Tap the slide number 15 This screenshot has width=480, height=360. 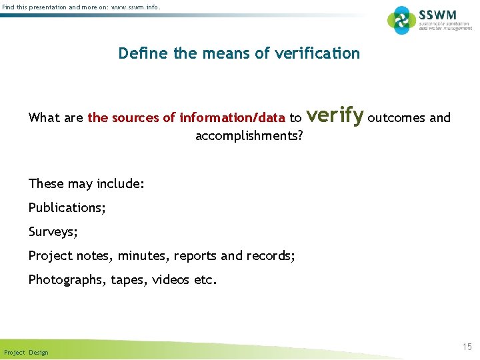(467, 347)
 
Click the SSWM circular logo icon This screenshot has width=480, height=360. (401, 20)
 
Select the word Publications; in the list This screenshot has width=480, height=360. (67, 207)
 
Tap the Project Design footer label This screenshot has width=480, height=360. (26, 352)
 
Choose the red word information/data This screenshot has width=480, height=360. (232, 118)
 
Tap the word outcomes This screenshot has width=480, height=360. (396, 118)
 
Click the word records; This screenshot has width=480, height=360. (271, 256)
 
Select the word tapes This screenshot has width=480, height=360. (127, 280)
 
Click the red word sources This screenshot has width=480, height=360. (137, 118)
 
